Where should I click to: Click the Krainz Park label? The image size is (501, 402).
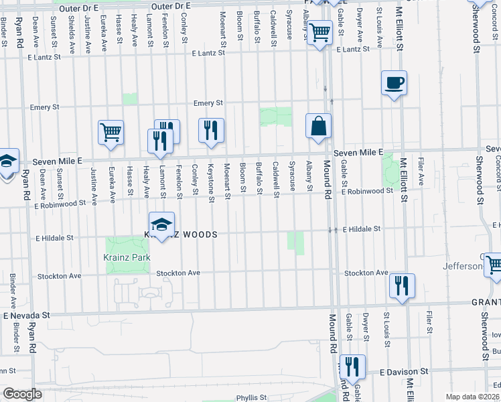coord(127,257)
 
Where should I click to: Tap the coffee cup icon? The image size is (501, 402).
coord(394,84)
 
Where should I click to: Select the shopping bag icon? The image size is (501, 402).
coord(319,126)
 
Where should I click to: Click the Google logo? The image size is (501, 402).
coord(23,394)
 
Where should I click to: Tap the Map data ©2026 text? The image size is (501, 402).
coord(473,397)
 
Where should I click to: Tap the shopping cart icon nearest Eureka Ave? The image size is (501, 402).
coord(111,131)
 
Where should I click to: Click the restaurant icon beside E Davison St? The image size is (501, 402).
coord(352,366)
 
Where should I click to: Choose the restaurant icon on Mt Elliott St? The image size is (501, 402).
coord(402,285)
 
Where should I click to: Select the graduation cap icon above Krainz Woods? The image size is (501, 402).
coord(161,225)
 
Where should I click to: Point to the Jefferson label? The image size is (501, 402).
coord(462,266)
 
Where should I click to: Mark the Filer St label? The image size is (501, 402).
coord(429,321)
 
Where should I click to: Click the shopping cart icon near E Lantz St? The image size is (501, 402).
coord(321,31)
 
